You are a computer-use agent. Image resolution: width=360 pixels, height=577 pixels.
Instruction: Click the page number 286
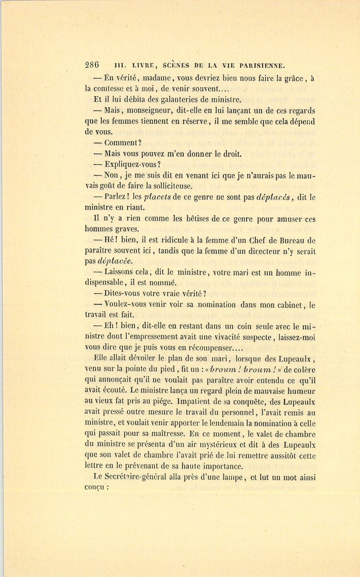coord(92,65)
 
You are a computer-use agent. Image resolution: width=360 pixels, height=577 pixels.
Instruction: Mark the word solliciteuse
coord(168,186)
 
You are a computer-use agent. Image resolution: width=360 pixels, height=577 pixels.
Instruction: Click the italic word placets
coord(157,197)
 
